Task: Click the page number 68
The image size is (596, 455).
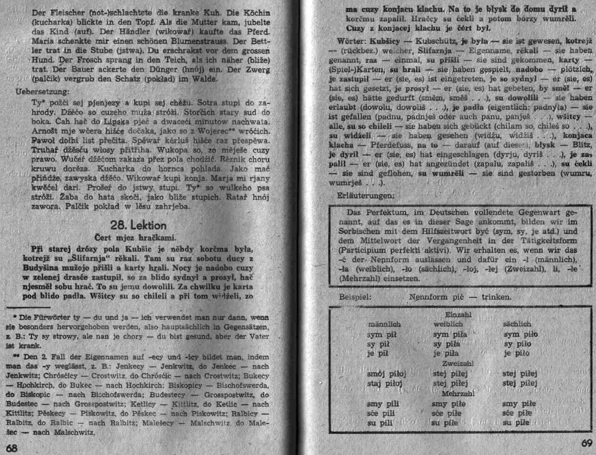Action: [11, 448]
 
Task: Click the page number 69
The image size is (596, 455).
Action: [587, 443]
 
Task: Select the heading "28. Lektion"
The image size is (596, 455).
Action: [138, 225]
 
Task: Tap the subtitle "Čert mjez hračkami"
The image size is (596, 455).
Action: [135, 237]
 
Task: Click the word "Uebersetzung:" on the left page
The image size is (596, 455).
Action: [42, 92]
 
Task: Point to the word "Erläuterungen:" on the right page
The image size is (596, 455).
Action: [366, 196]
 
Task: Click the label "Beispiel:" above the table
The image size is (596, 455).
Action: [355, 297]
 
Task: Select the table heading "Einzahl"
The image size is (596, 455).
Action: [458, 315]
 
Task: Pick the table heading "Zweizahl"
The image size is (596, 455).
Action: [458, 364]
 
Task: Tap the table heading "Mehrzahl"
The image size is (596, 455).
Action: [458, 394]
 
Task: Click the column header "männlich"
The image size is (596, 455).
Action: [384, 324]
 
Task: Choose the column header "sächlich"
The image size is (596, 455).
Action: [517, 324]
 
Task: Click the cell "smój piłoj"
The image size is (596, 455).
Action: [387, 374]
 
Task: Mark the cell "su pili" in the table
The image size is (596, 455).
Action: [380, 423]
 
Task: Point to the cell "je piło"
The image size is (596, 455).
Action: [517, 353]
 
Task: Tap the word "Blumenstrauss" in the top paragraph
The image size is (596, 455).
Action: [199, 41]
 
